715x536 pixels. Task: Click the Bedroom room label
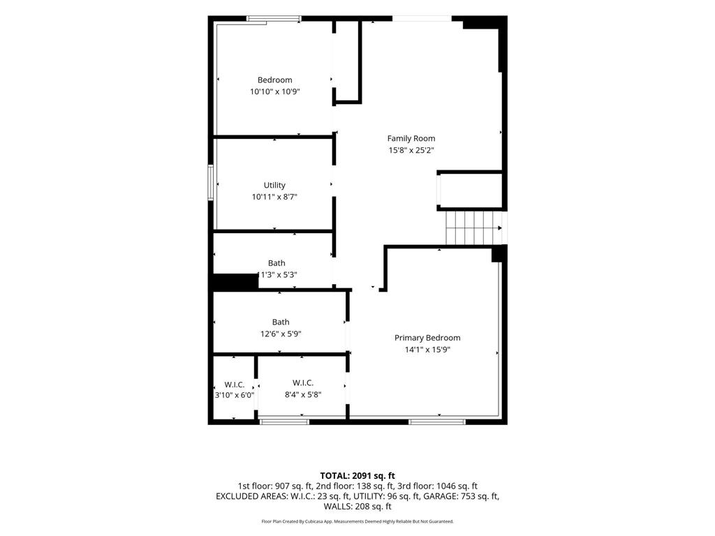tap(274, 80)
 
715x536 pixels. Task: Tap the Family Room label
tap(411, 138)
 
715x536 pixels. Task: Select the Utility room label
tap(274, 185)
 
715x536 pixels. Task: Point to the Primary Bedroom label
tap(427, 338)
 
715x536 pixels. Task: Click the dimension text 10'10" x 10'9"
tap(274, 91)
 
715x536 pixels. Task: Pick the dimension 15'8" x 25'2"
tap(411, 150)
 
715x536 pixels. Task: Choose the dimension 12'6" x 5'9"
tap(281, 334)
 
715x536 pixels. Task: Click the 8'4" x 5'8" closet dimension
tap(303, 395)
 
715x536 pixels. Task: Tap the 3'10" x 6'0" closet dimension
tap(235, 395)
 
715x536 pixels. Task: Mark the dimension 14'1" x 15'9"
tap(427, 350)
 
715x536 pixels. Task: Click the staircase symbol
tap(474, 228)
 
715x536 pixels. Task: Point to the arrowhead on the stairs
tap(500, 228)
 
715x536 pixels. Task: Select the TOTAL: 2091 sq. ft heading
tap(357, 476)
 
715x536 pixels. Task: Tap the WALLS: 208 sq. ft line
tap(357, 507)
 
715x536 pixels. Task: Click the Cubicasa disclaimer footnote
tap(357, 521)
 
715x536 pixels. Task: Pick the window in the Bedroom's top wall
tap(274, 19)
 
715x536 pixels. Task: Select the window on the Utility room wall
tap(211, 182)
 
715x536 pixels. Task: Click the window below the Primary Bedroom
tap(437, 422)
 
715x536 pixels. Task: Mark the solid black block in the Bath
tap(235, 282)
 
